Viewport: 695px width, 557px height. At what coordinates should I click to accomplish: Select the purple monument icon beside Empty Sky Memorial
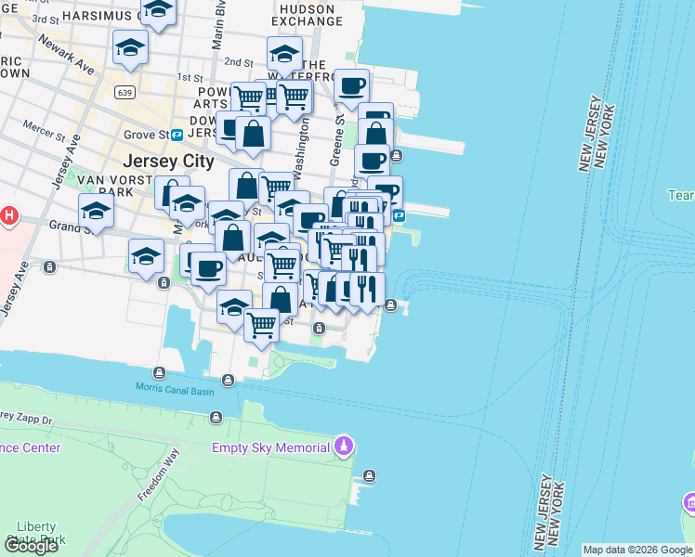(344, 447)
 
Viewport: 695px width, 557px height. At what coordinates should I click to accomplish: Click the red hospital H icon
(8, 216)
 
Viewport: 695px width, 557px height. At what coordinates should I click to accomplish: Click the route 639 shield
(124, 93)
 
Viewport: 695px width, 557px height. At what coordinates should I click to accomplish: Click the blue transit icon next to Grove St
(177, 135)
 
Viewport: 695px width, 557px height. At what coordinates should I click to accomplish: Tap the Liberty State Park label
(42, 532)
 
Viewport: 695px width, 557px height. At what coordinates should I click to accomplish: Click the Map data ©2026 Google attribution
(636, 550)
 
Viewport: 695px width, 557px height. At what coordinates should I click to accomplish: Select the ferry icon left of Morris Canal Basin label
(160, 373)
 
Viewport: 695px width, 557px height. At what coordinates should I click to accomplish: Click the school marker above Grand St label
(97, 212)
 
